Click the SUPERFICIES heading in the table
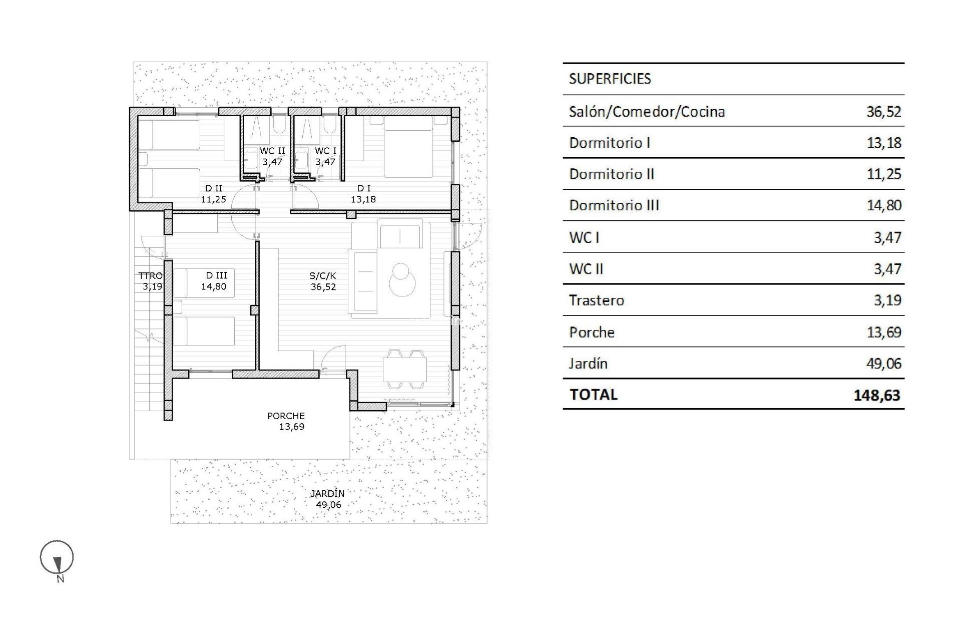(610, 79)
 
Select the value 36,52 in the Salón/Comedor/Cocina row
(883, 111)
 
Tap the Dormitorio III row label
(614, 205)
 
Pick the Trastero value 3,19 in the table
(887, 300)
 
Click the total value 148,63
(876, 395)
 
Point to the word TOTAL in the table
(593, 395)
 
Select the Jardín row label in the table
(588, 363)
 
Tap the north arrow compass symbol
(57, 558)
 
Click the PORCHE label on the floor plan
(286, 416)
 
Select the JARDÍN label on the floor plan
(327, 493)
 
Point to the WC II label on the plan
(272, 151)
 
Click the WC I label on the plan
(325, 151)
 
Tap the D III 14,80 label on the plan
(216, 281)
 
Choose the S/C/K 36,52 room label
(323, 281)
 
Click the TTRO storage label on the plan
(150, 276)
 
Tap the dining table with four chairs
(405, 369)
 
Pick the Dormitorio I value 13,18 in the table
(883, 143)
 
